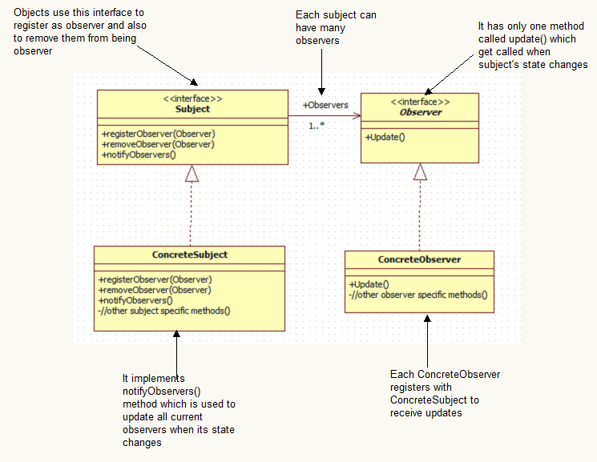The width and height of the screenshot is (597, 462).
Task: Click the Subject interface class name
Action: pyautogui.click(x=192, y=109)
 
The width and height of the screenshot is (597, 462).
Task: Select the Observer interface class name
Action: pyautogui.click(x=420, y=113)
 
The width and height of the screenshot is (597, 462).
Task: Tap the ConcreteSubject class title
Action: pyautogui.click(x=190, y=255)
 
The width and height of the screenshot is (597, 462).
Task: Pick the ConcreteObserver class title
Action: pyautogui.click(x=419, y=259)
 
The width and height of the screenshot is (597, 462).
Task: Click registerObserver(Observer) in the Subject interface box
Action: pyautogui.click(x=159, y=133)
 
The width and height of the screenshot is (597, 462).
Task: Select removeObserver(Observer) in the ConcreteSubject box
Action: pyautogui.click(x=155, y=290)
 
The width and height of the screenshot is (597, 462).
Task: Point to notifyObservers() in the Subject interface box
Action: pyautogui.click(x=139, y=154)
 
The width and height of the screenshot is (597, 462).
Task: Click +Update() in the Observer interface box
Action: pyautogui.click(x=385, y=137)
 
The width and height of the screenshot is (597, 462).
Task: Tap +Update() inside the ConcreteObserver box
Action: pyautogui.click(x=369, y=284)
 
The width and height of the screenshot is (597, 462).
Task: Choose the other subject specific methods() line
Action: pyautogui.click(x=163, y=311)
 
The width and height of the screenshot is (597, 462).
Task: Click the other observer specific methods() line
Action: pyautogui.click(x=417, y=295)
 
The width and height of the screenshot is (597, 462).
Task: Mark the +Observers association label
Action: pyautogui.click(x=325, y=105)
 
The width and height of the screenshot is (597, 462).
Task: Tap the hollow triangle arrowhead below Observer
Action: pyautogui.click(x=420, y=171)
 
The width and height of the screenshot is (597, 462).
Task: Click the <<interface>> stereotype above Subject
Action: pyautogui.click(x=192, y=98)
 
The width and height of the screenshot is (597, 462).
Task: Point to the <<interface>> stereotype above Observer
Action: pyautogui.click(x=420, y=102)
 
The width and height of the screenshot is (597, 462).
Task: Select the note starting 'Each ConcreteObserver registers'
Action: pyautogui.click(x=445, y=393)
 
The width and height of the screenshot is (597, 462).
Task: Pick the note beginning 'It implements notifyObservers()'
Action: pyautogui.click(x=178, y=410)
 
